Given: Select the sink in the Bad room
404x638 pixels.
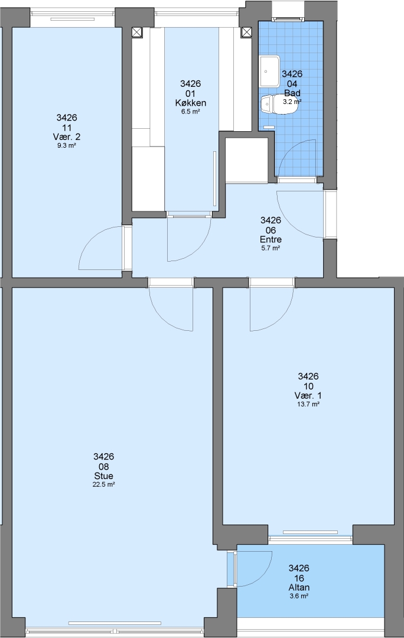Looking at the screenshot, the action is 270,71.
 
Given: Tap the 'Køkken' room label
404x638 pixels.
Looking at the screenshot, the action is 190,103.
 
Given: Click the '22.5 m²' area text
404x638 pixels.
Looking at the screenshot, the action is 103,484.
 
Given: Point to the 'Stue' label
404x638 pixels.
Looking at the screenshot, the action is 103,476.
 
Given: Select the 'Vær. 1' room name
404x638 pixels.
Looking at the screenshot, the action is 308,395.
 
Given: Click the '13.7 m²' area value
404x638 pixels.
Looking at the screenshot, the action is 308,404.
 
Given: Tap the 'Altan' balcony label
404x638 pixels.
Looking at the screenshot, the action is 299,587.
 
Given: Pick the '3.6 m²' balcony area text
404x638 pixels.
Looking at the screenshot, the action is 299,595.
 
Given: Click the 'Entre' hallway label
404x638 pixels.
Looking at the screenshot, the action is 271,239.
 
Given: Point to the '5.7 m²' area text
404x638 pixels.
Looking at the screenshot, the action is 271,248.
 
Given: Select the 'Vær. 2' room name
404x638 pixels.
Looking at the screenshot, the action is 67,136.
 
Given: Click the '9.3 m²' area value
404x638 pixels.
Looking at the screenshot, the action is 67,145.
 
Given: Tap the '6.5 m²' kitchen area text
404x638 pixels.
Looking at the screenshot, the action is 190,111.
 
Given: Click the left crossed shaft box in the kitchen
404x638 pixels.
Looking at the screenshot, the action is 138,32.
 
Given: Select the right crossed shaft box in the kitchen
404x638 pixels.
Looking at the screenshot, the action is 246,32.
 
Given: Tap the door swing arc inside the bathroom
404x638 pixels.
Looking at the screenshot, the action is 286,149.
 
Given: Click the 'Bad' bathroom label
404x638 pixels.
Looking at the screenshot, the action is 292,93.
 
